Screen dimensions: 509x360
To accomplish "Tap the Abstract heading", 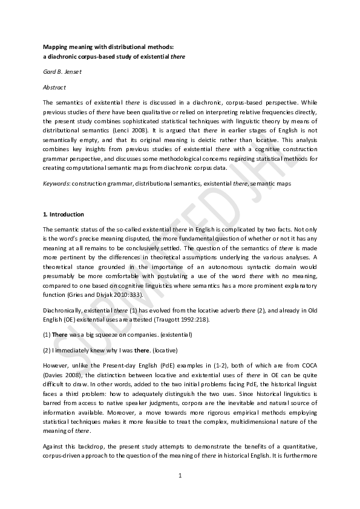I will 54,87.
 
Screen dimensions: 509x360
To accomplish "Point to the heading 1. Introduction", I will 64,215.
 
